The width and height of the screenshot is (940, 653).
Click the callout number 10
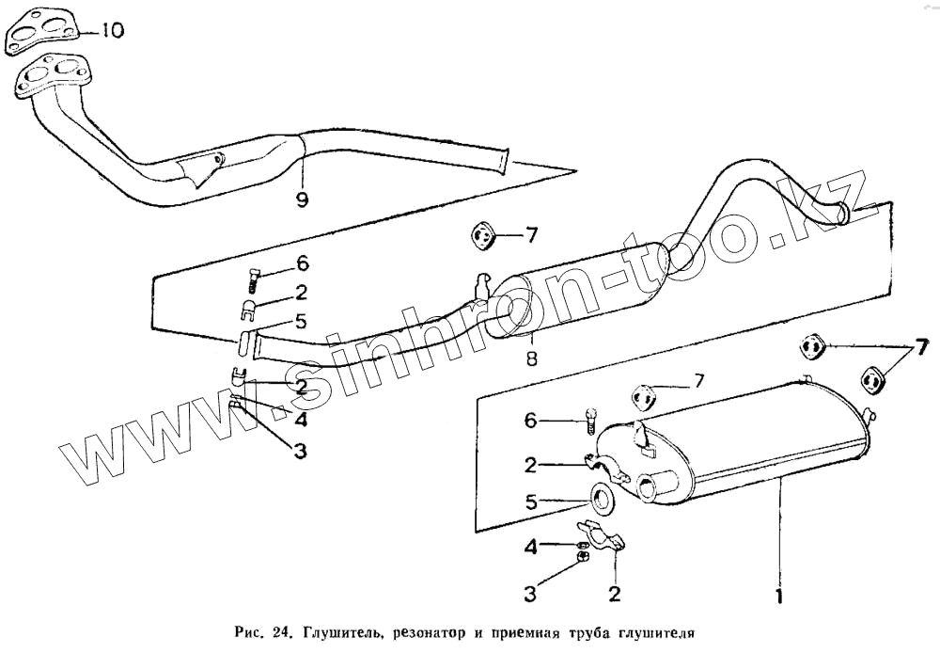pyautogui.click(x=111, y=32)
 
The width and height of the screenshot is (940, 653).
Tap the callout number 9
pyautogui.click(x=302, y=199)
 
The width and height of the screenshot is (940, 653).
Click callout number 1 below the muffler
pyautogui.click(x=779, y=595)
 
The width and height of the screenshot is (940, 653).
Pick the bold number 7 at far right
pyautogui.click(x=921, y=344)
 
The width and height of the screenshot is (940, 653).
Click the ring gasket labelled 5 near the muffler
pyautogui.click(x=601, y=499)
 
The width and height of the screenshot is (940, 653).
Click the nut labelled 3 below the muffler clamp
pyautogui.click(x=584, y=559)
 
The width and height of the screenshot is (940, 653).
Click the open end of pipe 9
pyautogui.click(x=506, y=161)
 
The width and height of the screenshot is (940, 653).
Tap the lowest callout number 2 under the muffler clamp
pyautogui.click(x=614, y=594)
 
